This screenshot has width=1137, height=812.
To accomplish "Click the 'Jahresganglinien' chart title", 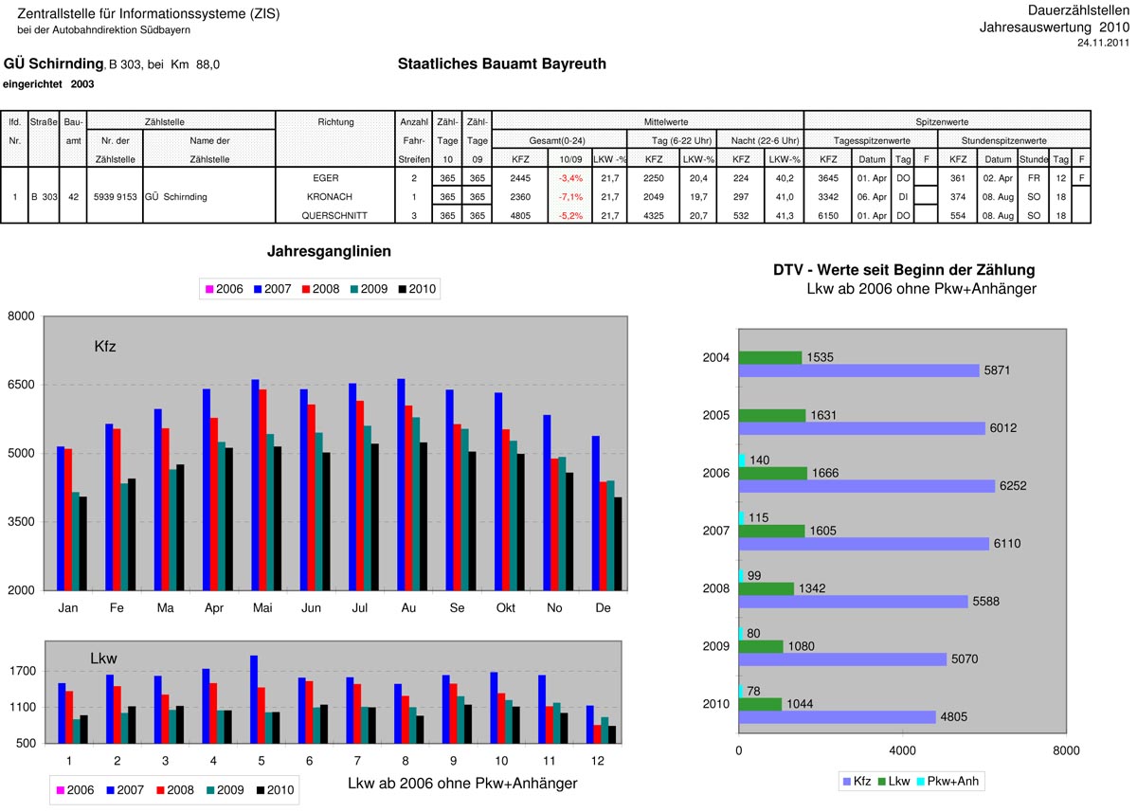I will (x=329, y=251).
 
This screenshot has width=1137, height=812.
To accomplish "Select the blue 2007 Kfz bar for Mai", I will (x=256, y=484).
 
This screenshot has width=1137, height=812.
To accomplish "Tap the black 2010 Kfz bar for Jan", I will (x=83, y=543).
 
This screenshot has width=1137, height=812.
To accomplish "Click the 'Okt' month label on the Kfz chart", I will (x=506, y=607).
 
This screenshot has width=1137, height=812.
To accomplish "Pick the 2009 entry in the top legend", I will (x=367, y=289).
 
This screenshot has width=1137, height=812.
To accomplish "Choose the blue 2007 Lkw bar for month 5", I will (x=254, y=699).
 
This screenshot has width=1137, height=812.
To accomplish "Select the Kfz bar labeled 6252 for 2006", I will (x=866, y=486).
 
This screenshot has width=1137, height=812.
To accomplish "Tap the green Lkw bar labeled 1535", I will (x=769, y=357).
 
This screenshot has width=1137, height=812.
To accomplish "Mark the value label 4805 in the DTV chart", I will (x=954, y=717).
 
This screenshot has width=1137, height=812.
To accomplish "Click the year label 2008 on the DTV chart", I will (x=716, y=589).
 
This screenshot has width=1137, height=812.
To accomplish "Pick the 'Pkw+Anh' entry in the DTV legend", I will (x=951, y=782).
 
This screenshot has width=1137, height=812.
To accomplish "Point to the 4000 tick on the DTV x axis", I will (x=902, y=751).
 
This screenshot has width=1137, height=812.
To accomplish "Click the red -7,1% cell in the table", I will (x=570, y=197).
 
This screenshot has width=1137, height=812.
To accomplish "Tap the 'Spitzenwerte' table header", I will (x=941, y=122).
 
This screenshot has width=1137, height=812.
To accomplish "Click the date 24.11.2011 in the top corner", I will (x=1103, y=43).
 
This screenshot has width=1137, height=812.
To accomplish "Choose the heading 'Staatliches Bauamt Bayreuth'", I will (x=502, y=64).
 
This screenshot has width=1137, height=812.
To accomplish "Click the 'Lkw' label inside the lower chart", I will (x=103, y=658).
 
